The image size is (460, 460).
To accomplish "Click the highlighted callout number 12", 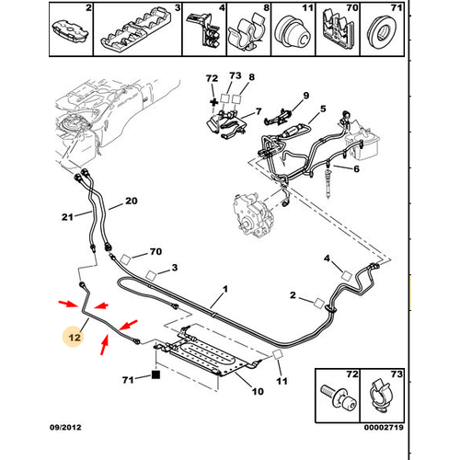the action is (x=75, y=338).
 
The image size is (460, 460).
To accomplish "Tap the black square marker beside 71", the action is (x=156, y=374).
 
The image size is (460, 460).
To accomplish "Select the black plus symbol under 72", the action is (x=213, y=102).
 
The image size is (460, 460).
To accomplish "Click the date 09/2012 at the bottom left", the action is (x=65, y=427).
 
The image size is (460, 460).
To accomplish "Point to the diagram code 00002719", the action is (x=384, y=427).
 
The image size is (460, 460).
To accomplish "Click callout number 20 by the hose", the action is (x=132, y=201).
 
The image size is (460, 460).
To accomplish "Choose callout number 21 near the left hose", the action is (x=67, y=217).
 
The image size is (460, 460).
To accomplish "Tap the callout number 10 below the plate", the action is (x=258, y=391).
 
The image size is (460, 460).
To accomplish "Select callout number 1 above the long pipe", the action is (x=225, y=289).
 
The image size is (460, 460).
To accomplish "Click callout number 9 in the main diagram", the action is (x=306, y=96).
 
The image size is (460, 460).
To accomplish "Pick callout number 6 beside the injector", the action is (x=356, y=168).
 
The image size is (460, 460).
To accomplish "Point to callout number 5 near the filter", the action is (x=323, y=109).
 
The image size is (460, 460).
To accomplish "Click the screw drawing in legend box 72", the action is (x=339, y=397).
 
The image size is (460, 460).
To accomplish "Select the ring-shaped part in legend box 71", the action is (x=382, y=31).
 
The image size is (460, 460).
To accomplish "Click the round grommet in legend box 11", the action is (x=292, y=32).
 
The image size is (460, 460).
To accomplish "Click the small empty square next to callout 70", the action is (x=125, y=259).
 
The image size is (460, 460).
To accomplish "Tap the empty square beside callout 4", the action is (x=347, y=275).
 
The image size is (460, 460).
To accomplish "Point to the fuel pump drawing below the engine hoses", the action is (x=253, y=213).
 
